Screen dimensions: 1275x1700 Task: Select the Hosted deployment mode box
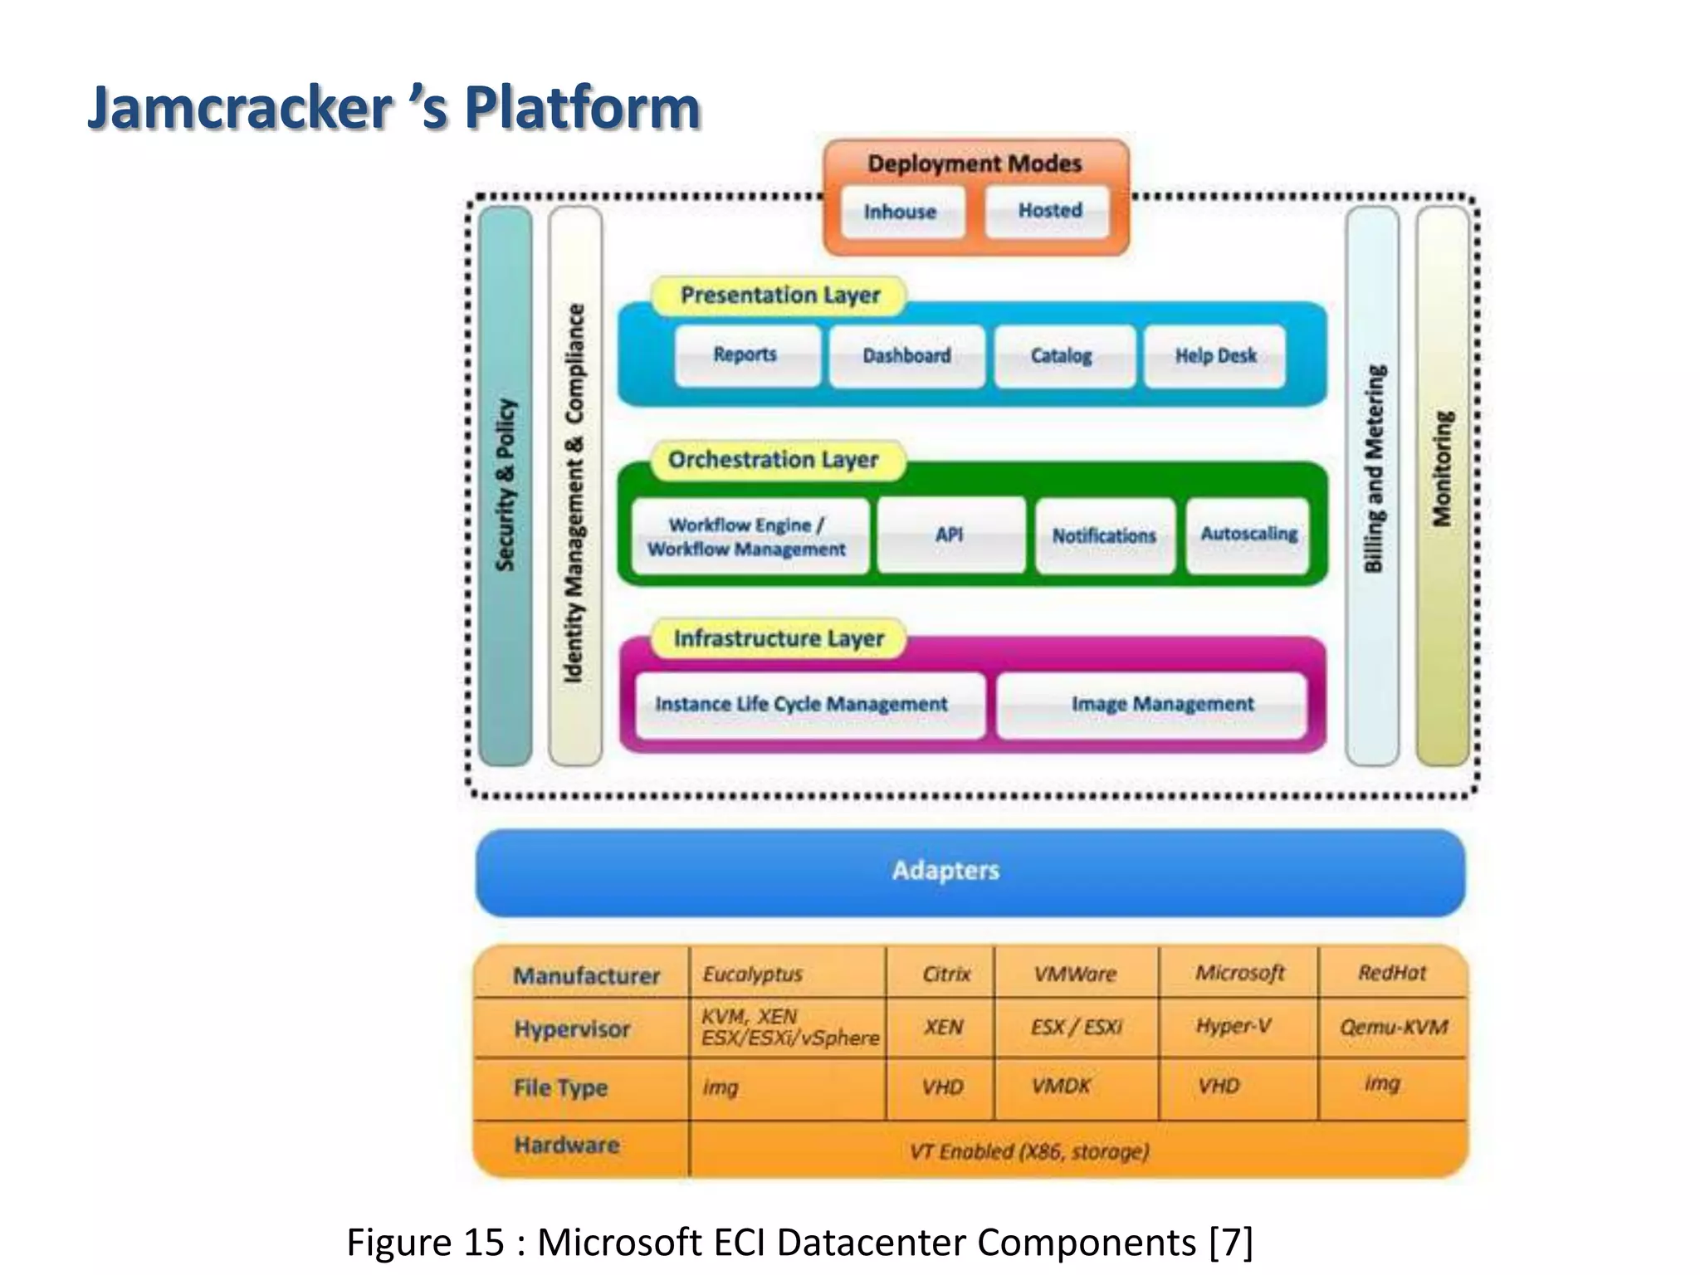tap(1048, 211)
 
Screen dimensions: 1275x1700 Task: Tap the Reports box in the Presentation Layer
tap(746, 355)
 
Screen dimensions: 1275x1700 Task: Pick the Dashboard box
tap(906, 356)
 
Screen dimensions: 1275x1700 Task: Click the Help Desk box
tap(1214, 356)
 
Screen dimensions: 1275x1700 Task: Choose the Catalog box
tap(1062, 356)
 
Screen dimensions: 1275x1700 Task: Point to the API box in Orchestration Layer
tap(950, 535)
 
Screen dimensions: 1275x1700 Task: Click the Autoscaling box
tap(1248, 535)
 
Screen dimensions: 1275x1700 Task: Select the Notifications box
tap(1104, 536)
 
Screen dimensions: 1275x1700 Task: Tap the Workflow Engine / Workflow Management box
tap(748, 537)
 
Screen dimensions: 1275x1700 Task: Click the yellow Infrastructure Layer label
tap(779, 638)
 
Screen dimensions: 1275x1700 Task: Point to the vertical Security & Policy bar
tap(506, 486)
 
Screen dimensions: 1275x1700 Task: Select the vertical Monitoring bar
tap(1443, 486)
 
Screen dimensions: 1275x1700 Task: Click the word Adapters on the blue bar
tap(945, 871)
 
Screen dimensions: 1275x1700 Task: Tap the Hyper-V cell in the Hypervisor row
tap(1234, 1027)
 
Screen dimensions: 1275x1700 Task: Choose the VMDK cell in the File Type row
tap(1062, 1087)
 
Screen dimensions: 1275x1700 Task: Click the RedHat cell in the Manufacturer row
tap(1392, 973)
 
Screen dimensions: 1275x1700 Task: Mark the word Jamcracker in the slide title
tap(241, 108)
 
